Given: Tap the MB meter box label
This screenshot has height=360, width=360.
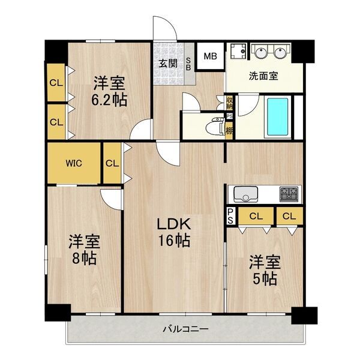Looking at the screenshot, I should coord(209,57).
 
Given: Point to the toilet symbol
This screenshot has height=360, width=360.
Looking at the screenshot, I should coord(210,127).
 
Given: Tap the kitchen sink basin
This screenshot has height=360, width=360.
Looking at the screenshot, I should coord(245,194).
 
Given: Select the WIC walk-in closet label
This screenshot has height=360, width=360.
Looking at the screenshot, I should coord(74,163).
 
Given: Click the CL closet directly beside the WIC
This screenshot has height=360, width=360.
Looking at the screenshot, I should coord(112,163).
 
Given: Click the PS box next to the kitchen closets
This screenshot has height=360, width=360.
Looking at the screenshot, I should coord(230,215).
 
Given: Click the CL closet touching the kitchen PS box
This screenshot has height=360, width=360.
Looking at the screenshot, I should coord(255,215).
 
